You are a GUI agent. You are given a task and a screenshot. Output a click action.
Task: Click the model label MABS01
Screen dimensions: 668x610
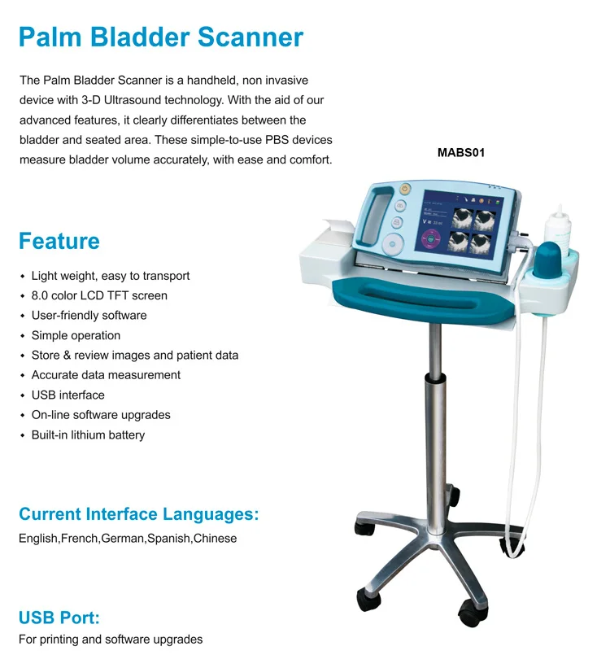pyautogui.click(x=461, y=152)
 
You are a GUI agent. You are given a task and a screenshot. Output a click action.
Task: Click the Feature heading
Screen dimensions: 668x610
pyautogui.click(x=59, y=241)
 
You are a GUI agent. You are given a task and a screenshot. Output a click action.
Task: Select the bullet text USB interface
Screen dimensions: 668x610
pyautogui.click(x=68, y=395)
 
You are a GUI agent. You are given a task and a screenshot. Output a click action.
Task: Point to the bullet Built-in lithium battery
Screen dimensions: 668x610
pyautogui.click(x=88, y=434)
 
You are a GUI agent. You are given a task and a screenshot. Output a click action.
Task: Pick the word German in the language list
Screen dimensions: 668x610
pyautogui.click(x=122, y=539)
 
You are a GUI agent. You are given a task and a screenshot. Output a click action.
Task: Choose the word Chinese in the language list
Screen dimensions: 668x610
pyautogui.click(x=215, y=539)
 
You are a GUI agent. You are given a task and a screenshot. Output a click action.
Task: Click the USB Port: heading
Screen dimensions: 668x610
pyautogui.click(x=59, y=616)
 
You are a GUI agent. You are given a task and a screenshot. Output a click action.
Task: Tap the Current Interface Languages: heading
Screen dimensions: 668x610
pyautogui.click(x=138, y=514)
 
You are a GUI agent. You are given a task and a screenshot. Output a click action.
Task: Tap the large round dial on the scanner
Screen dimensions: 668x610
pyautogui.click(x=394, y=242)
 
